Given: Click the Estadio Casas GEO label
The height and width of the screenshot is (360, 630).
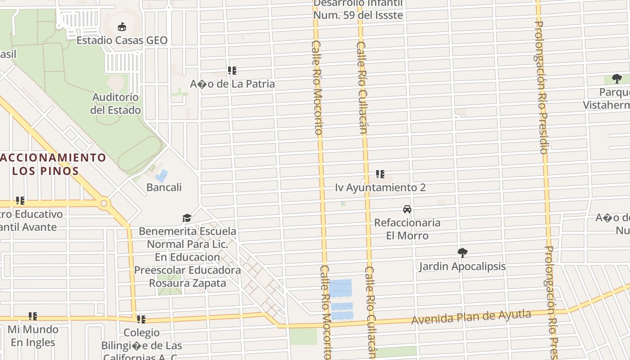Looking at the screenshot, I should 121,40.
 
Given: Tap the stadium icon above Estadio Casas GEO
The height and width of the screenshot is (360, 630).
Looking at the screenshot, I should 121,27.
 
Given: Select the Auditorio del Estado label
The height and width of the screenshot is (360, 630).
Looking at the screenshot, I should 115,103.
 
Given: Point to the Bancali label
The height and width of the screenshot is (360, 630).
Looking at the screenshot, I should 164,187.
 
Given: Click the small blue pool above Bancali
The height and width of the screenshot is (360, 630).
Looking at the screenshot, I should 162,175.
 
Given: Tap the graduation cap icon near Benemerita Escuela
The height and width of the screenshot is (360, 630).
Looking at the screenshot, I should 187,218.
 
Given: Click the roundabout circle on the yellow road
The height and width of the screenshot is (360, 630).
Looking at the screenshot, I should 104,203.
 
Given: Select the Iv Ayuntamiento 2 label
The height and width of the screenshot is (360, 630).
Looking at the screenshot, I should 380,187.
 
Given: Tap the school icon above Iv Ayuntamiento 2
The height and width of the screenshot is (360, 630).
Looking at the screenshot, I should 380,174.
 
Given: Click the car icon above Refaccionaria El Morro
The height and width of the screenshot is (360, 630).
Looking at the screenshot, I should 407,209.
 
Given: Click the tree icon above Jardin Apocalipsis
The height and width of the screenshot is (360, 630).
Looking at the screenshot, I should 462,253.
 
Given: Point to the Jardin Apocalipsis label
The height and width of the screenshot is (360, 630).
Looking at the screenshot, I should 462,266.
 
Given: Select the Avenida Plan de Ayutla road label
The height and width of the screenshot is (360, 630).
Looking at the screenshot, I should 471,317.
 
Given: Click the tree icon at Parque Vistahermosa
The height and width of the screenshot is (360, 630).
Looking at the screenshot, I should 617,79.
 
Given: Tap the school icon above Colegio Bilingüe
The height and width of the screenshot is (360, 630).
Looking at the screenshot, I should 141,319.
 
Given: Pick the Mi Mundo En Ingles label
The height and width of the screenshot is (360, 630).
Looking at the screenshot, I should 33,336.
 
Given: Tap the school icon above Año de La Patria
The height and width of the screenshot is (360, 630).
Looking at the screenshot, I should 232,71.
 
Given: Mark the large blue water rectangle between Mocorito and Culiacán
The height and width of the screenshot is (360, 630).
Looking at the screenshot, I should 340,288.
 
